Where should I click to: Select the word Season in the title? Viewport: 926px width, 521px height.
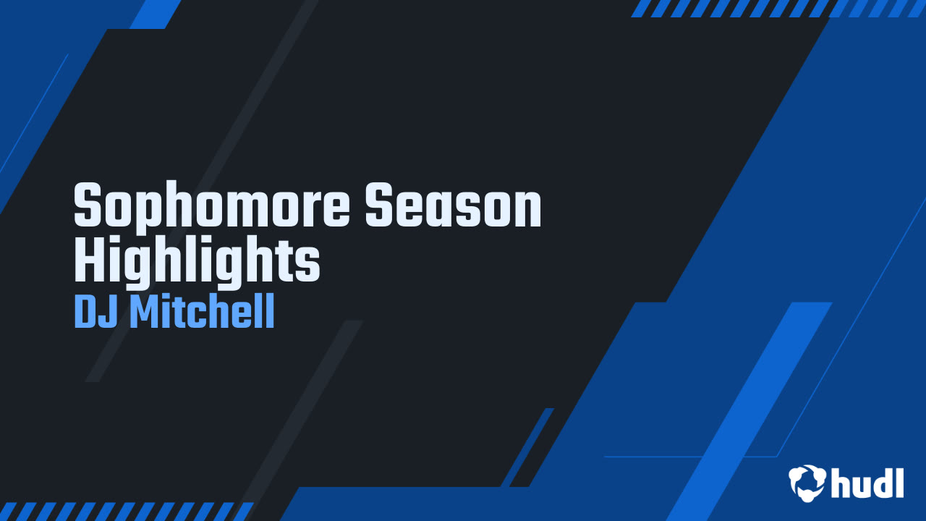453,208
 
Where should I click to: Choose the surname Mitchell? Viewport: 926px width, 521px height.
202,313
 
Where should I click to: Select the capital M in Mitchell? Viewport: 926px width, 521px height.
145,313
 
